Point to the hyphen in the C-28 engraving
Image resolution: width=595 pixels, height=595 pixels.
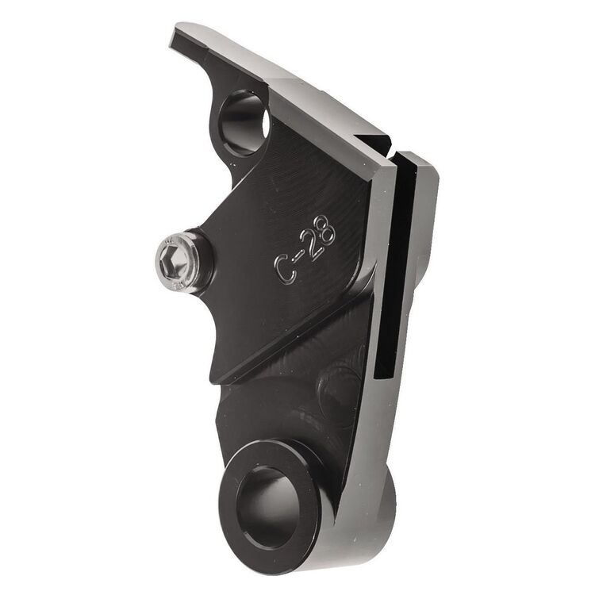click(x=299, y=258)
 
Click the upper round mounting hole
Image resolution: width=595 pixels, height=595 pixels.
click(x=243, y=121)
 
